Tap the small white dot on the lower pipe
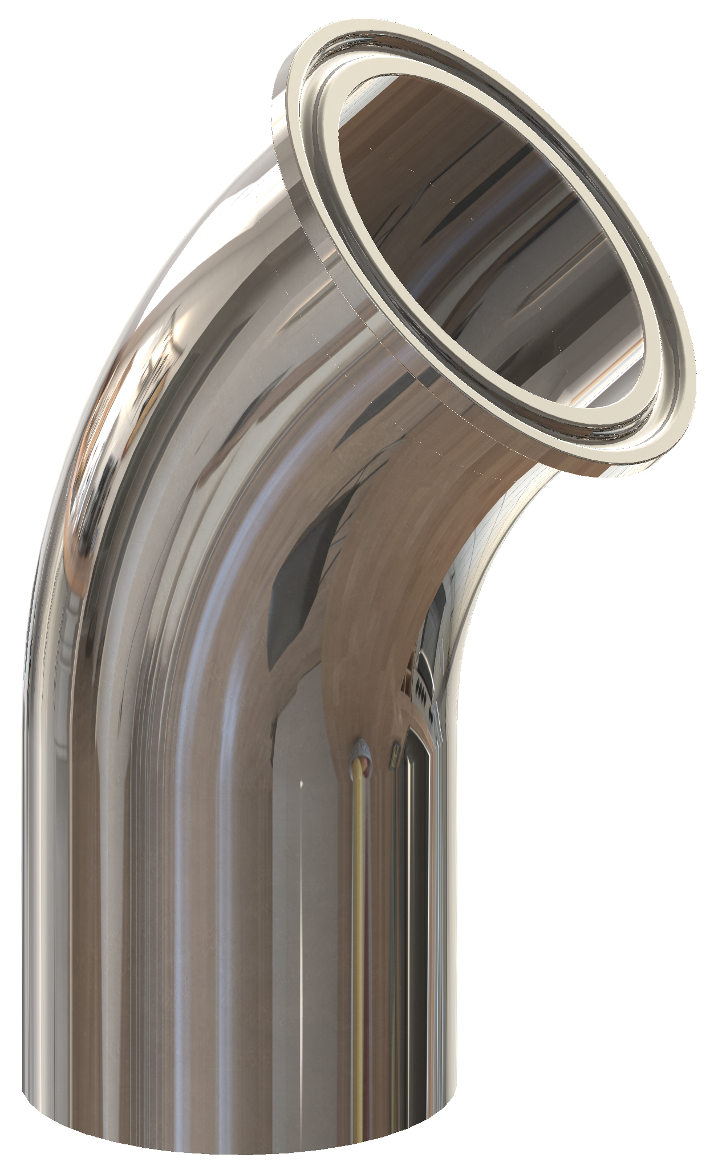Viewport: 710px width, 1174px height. tap(301, 786)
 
